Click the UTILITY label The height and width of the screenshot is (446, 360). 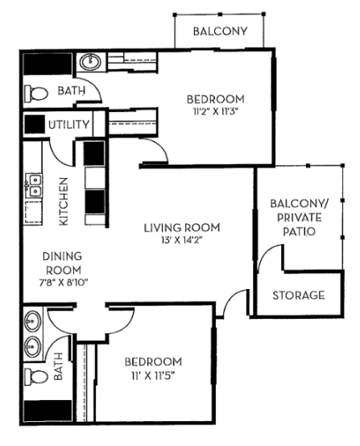pyautogui.click(x=68, y=125)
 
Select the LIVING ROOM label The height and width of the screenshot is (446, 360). pyautogui.click(x=181, y=228)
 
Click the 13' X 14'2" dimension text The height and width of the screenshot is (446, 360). pyautogui.click(x=181, y=241)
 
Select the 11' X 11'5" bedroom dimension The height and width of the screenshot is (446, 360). pyautogui.click(x=153, y=375)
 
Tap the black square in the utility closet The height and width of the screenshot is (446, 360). pyautogui.click(x=34, y=125)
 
